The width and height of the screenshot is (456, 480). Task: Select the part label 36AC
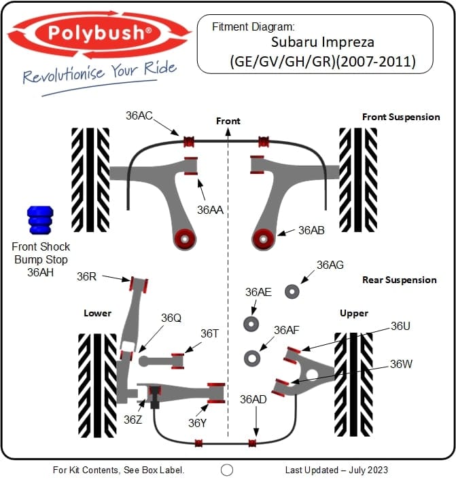(x=139, y=115)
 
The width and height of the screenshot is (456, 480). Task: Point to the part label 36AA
(x=211, y=210)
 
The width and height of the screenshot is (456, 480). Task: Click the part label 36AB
(x=311, y=230)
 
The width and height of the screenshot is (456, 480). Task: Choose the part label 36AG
(x=330, y=265)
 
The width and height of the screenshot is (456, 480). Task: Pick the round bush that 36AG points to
(x=293, y=291)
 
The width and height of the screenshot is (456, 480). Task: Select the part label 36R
(x=86, y=276)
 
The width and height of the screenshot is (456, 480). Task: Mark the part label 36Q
(x=171, y=318)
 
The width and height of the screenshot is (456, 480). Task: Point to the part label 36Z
(x=133, y=420)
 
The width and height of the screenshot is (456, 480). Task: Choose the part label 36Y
(x=197, y=423)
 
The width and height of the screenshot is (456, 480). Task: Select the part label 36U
(x=400, y=326)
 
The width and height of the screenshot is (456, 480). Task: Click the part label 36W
(x=401, y=364)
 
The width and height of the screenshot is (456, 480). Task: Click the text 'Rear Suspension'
(x=400, y=280)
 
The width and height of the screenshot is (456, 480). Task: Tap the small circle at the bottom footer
(x=227, y=470)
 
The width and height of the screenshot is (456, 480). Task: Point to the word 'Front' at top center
(x=228, y=121)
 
